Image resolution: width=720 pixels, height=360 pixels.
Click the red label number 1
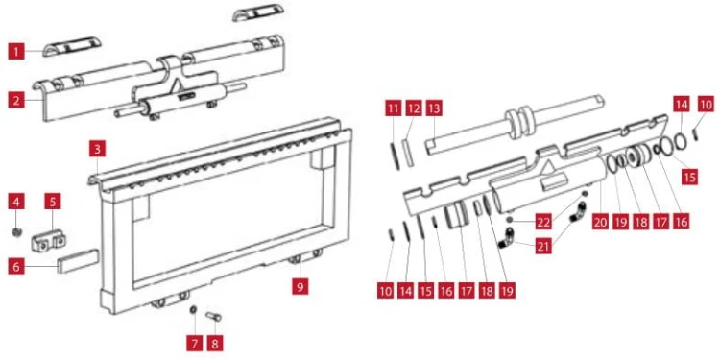coord(16,51)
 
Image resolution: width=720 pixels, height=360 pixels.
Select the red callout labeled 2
coord(16,100)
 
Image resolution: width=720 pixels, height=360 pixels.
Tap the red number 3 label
coord(98,149)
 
